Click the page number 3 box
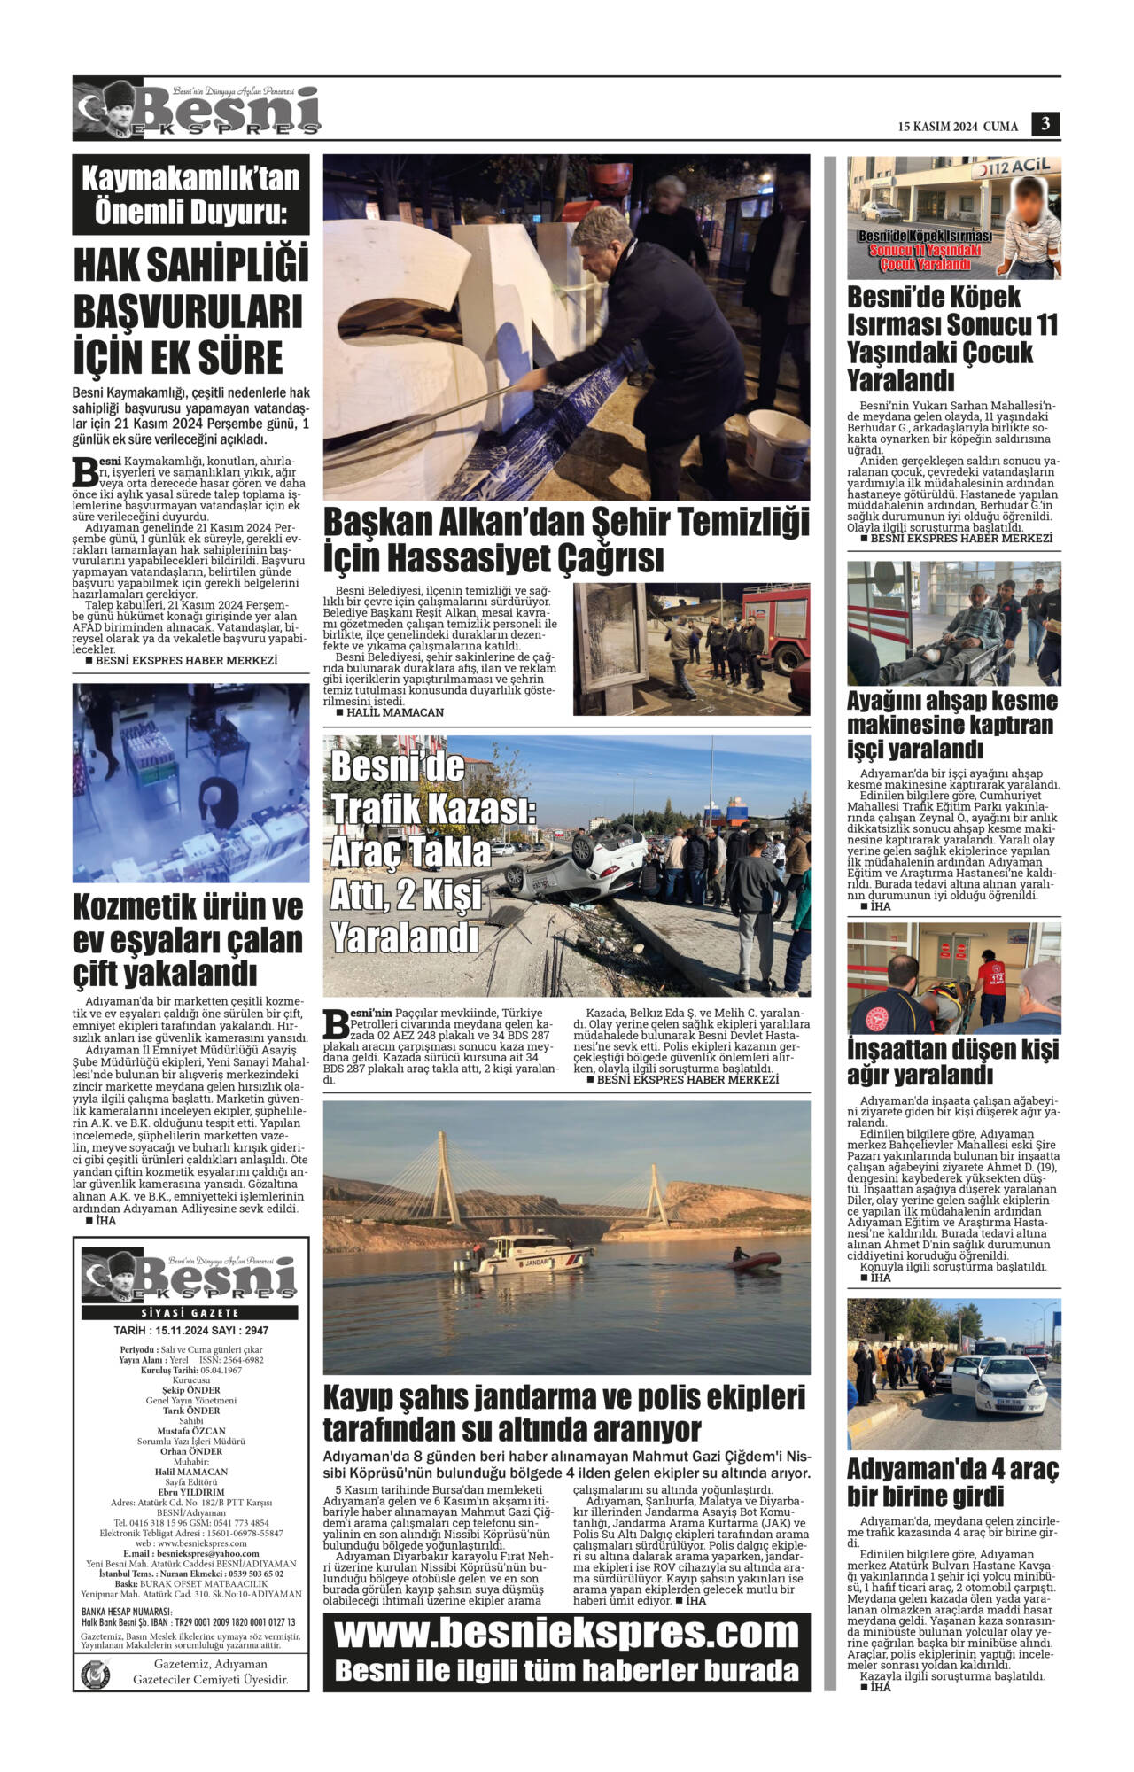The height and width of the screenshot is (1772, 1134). (1045, 124)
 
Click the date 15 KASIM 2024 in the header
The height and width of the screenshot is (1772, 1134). (937, 127)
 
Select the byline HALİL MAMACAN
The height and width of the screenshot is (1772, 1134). (394, 712)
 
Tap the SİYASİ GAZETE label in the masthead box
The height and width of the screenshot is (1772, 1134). (190, 1312)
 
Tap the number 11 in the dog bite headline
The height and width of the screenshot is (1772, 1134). (1045, 324)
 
